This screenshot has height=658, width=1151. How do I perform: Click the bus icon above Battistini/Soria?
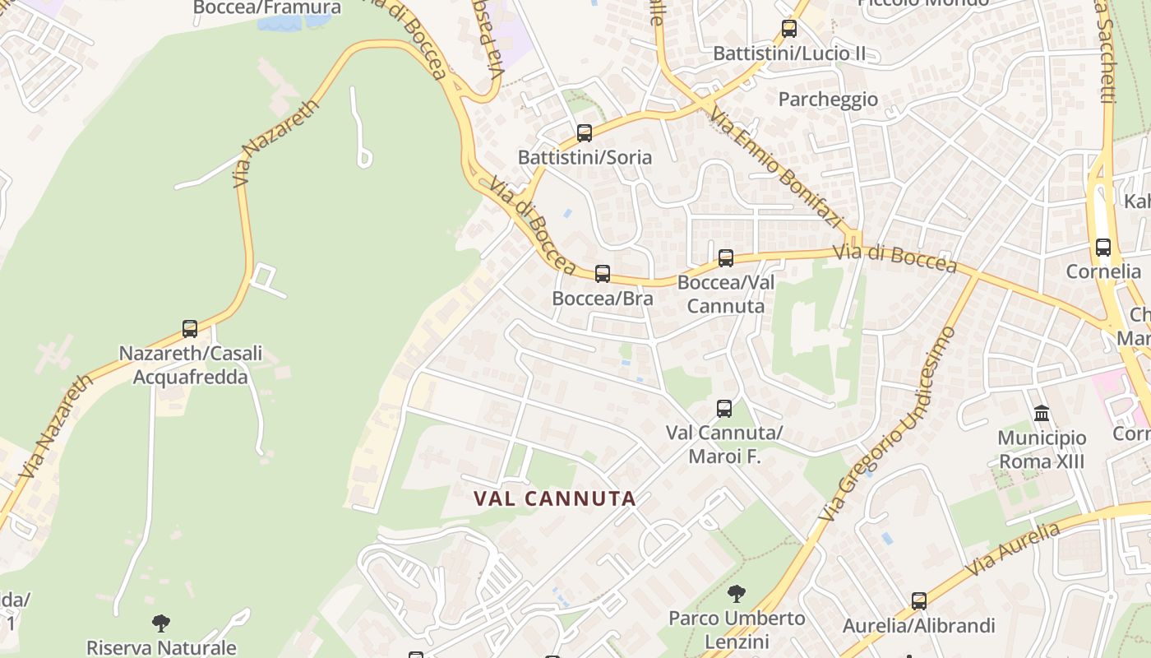585,132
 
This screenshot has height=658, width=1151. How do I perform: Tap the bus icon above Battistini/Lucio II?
789,29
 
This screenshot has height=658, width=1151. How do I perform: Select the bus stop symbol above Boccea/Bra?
603,274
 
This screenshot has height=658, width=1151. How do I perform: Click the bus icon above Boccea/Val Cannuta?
726,258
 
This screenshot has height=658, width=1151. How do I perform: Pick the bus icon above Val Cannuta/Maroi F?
724,408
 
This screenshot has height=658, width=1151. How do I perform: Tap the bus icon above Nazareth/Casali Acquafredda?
190,329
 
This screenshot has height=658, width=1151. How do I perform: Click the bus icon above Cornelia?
1103,247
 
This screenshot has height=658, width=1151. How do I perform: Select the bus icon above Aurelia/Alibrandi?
919,601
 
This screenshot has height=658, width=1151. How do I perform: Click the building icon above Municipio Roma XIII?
1042,413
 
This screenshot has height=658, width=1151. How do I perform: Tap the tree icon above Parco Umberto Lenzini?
737,593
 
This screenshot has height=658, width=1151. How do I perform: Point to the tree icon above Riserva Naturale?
161,623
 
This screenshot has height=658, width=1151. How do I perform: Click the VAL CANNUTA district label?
555,498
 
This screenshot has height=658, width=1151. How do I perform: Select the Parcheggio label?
828,100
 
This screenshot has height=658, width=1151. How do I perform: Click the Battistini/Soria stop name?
585,157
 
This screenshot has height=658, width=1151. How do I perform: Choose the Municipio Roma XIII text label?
1042,449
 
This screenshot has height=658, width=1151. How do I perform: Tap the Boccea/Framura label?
267,8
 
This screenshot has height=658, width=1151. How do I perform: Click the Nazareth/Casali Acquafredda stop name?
191,365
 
